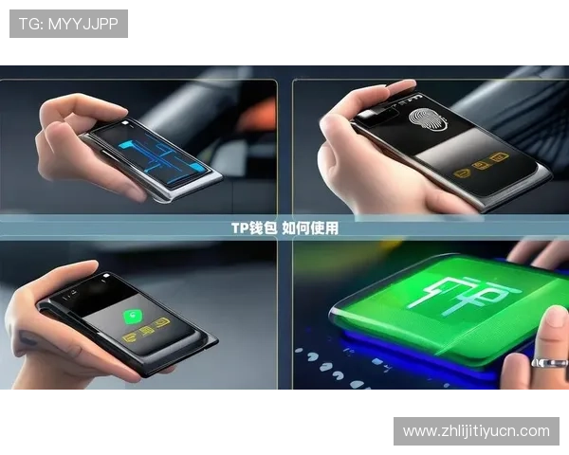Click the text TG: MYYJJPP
coord(68,24)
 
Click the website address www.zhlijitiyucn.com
coord(476,431)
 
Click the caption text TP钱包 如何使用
coord(284,228)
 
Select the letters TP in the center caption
coord(239,228)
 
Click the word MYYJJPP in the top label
coord(83,24)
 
